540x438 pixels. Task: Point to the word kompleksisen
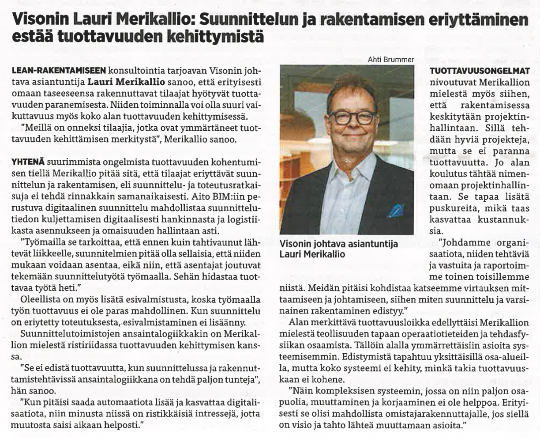pyautogui.click(x=346, y=391)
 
